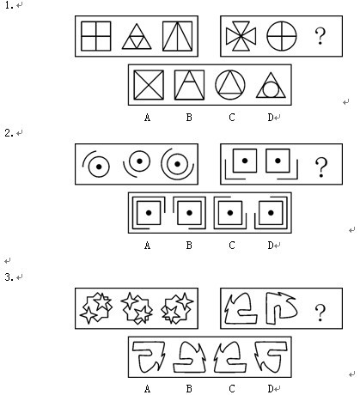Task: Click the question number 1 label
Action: pyautogui.click(x=9, y=5)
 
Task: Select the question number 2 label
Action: pyautogui.click(x=9, y=133)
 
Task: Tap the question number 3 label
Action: pyautogui.click(x=9, y=277)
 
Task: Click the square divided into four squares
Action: pyautogui.click(x=96, y=36)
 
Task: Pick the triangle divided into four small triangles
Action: pyautogui.click(x=137, y=37)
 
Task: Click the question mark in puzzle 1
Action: pyautogui.click(x=320, y=36)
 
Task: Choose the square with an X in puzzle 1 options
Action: pyautogui.click(x=149, y=85)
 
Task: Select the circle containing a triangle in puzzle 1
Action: pyautogui.click(x=230, y=85)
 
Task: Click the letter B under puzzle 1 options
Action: pyautogui.click(x=189, y=118)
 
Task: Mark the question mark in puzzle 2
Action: pyautogui.click(x=320, y=167)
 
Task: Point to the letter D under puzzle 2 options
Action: pyautogui.click(x=271, y=246)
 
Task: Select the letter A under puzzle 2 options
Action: pyautogui.click(x=147, y=246)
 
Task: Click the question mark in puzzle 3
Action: pyautogui.click(x=320, y=313)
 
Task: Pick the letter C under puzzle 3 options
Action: pyautogui.click(x=232, y=389)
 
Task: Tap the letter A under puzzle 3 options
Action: pyautogui.click(x=147, y=389)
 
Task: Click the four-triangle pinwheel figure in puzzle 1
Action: pyautogui.click(x=241, y=36)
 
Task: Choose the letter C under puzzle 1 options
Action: pyautogui.click(x=232, y=118)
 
